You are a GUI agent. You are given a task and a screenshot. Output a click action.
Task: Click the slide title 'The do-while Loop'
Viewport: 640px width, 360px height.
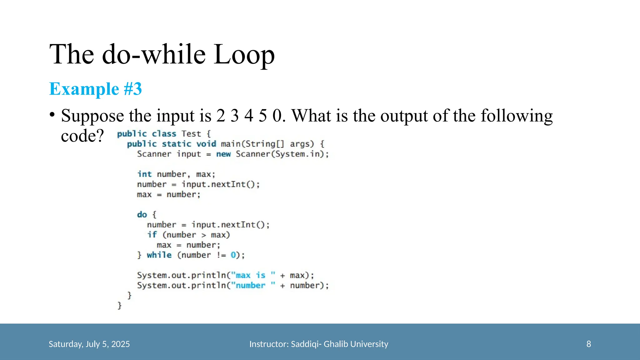click(162, 54)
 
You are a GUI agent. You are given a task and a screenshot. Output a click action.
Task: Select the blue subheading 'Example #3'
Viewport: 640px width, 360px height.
click(96, 89)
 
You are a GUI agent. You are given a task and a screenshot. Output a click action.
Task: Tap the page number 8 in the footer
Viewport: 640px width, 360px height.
click(588, 344)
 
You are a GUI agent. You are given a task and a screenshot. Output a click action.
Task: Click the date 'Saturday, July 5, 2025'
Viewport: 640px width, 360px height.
click(89, 344)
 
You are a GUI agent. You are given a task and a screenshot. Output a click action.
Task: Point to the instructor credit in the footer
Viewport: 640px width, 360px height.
click(318, 344)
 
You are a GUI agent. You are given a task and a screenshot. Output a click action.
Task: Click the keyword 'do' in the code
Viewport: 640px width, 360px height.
click(142, 215)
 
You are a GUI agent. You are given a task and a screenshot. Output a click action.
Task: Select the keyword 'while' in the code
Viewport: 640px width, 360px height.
click(159, 255)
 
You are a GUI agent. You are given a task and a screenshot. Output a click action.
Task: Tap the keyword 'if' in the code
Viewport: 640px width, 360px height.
click(152, 235)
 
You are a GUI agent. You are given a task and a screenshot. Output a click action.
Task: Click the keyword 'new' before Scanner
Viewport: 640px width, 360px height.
click(223, 154)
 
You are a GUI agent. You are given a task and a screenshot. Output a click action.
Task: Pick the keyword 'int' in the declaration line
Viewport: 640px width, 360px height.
click(144, 174)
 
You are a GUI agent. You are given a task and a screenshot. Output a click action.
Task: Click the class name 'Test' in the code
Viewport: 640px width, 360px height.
click(191, 134)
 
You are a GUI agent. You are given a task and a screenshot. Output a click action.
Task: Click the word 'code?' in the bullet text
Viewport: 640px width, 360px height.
click(82, 136)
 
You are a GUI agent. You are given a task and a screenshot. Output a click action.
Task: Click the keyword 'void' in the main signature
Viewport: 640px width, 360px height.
click(206, 144)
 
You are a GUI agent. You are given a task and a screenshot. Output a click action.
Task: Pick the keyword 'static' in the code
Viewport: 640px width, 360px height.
click(177, 144)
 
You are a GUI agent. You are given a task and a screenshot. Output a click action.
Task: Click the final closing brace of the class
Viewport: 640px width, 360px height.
click(119, 305)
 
